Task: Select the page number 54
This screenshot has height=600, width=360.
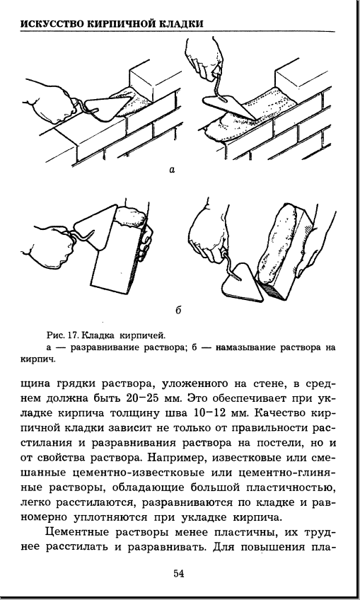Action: click(x=179, y=573)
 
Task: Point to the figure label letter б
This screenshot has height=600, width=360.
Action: click(x=178, y=310)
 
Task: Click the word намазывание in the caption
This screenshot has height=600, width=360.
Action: click(x=246, y=348)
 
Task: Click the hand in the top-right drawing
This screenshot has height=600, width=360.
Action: click(x=204, y=58)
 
